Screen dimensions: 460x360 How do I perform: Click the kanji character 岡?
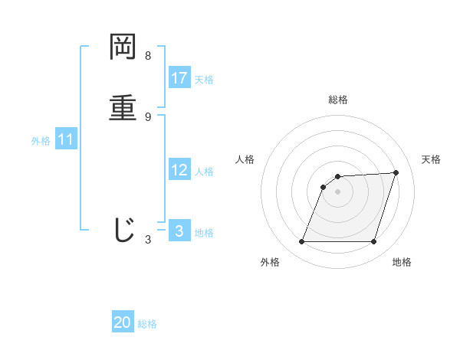(x=123, y=47)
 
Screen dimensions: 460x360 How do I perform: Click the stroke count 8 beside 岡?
(x=148, y=56)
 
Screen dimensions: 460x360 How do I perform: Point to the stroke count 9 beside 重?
(x=148, y=116)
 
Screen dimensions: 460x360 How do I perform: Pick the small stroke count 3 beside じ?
(x=148, y=240)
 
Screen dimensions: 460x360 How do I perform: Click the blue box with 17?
(x=179, y=78)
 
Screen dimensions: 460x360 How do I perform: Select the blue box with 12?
(x=179, y=170)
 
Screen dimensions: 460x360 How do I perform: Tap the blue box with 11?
(x=66, y=139)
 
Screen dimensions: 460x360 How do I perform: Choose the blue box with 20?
(x=123, y=323)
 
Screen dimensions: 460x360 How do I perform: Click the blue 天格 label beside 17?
(x=204, y=80)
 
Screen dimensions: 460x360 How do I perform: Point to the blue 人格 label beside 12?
(x=204, y=172)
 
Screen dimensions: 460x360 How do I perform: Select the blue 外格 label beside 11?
(x=41, y=141)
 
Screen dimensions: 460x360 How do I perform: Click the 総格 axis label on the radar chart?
(x=338, y=100)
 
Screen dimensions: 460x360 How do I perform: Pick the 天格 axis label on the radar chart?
(x=432, y=159)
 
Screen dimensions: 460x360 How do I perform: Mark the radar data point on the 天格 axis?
(x=396, y=172)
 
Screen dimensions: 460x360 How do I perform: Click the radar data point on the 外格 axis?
(x=302, y=242)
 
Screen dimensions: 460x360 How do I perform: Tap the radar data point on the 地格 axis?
(x=373, y=242)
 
